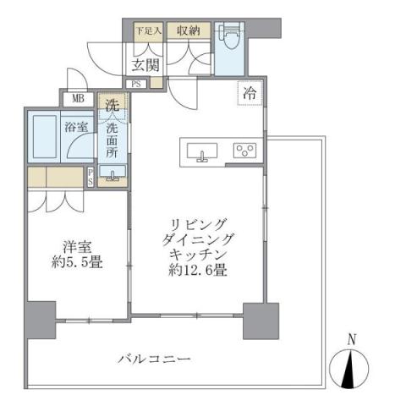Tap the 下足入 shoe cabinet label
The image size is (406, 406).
tap(147, 31)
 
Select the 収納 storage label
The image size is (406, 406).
tap(188, 31)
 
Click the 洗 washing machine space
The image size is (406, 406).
tap(112, 106)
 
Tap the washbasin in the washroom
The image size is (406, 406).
tap(112, 173)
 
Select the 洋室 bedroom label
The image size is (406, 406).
tap(79, 247)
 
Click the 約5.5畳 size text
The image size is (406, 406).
tap(79, 262)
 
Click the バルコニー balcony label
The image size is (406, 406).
tap(154, 359)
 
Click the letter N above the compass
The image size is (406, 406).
tap(353, 339)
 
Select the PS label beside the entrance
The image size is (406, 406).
tap(137, 83)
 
